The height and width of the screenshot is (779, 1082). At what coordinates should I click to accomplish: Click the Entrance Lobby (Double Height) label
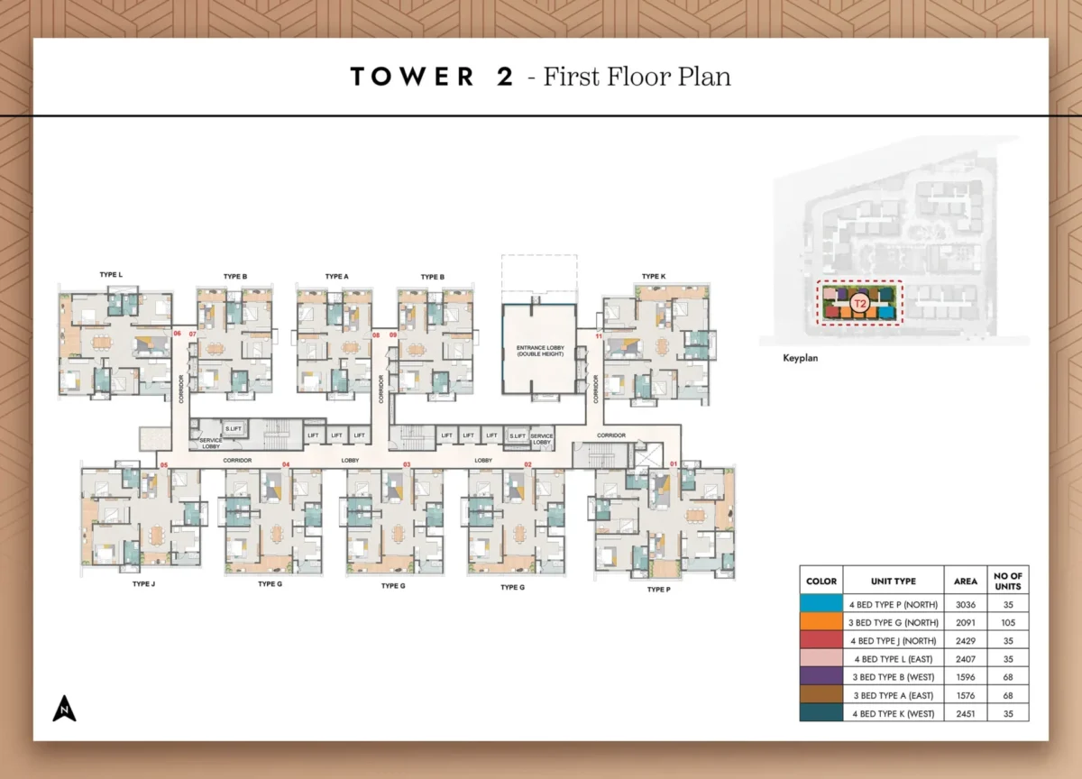pyautogui.click(x=538, y=352)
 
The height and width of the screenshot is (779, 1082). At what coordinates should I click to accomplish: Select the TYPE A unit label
pyautogui.click(x=336, y=277)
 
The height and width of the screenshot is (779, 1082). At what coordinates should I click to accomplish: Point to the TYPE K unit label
pyautogui.click(x=654, y=276)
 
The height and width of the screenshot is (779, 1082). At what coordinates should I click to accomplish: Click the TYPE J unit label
pyautogui.click(x=143, y=584)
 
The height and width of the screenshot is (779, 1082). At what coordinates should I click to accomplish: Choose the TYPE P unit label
pyautogui.click(x=658, y=589)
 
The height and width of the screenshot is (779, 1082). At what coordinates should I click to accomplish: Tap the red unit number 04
pyautogui.click(x=286, y=464)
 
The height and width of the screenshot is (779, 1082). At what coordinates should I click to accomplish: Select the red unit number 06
pyautogui.click(x=178, y=334)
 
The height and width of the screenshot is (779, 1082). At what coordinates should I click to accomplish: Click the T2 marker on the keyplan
pyautogui.click(x=860, y=304)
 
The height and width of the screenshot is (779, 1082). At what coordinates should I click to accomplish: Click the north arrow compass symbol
pyautogui.click(x=64, y=710)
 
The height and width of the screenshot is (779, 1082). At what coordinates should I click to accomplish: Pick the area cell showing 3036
pyautogui.click(x=965, y=604)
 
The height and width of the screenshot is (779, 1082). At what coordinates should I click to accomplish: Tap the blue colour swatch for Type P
pyautogui.click(x=821, y=604)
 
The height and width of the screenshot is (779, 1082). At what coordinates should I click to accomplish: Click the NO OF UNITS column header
pyautogui.click(x=1007, y=581)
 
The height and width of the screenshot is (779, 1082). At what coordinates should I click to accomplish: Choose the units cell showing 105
pyautogui.click(x=1007, y=622)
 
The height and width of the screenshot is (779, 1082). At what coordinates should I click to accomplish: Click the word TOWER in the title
pyautogui.click(x=412, y=78)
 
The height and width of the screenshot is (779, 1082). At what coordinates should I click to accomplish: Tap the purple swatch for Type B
pyautogui.click(x=821, y=677)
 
